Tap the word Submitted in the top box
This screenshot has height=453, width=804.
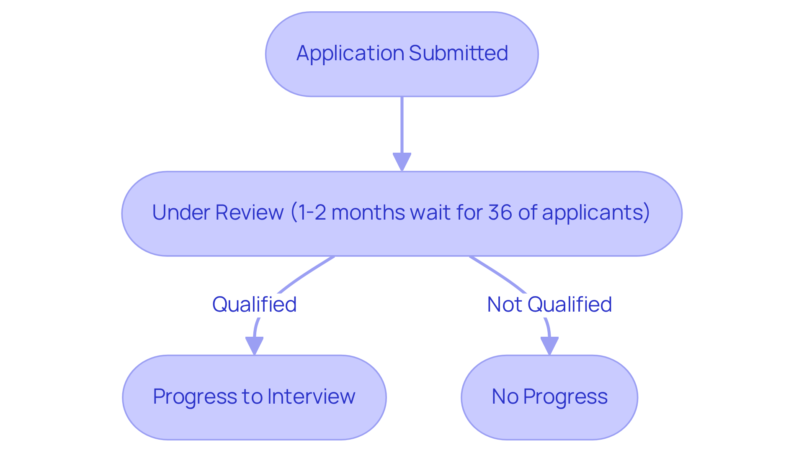(x=458, y=54)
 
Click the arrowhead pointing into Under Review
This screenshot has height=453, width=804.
(x=402, y=162)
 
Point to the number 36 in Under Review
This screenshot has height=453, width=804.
(x=500, y=212)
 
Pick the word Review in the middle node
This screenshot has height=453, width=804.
(x=250, y=212)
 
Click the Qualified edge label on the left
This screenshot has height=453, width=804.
(x=254, y=305)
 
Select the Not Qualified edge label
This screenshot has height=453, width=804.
(x=549, y=305)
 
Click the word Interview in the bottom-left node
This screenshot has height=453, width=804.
(x=311, y=397)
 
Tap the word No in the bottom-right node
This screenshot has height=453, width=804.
(x=505, y=397)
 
